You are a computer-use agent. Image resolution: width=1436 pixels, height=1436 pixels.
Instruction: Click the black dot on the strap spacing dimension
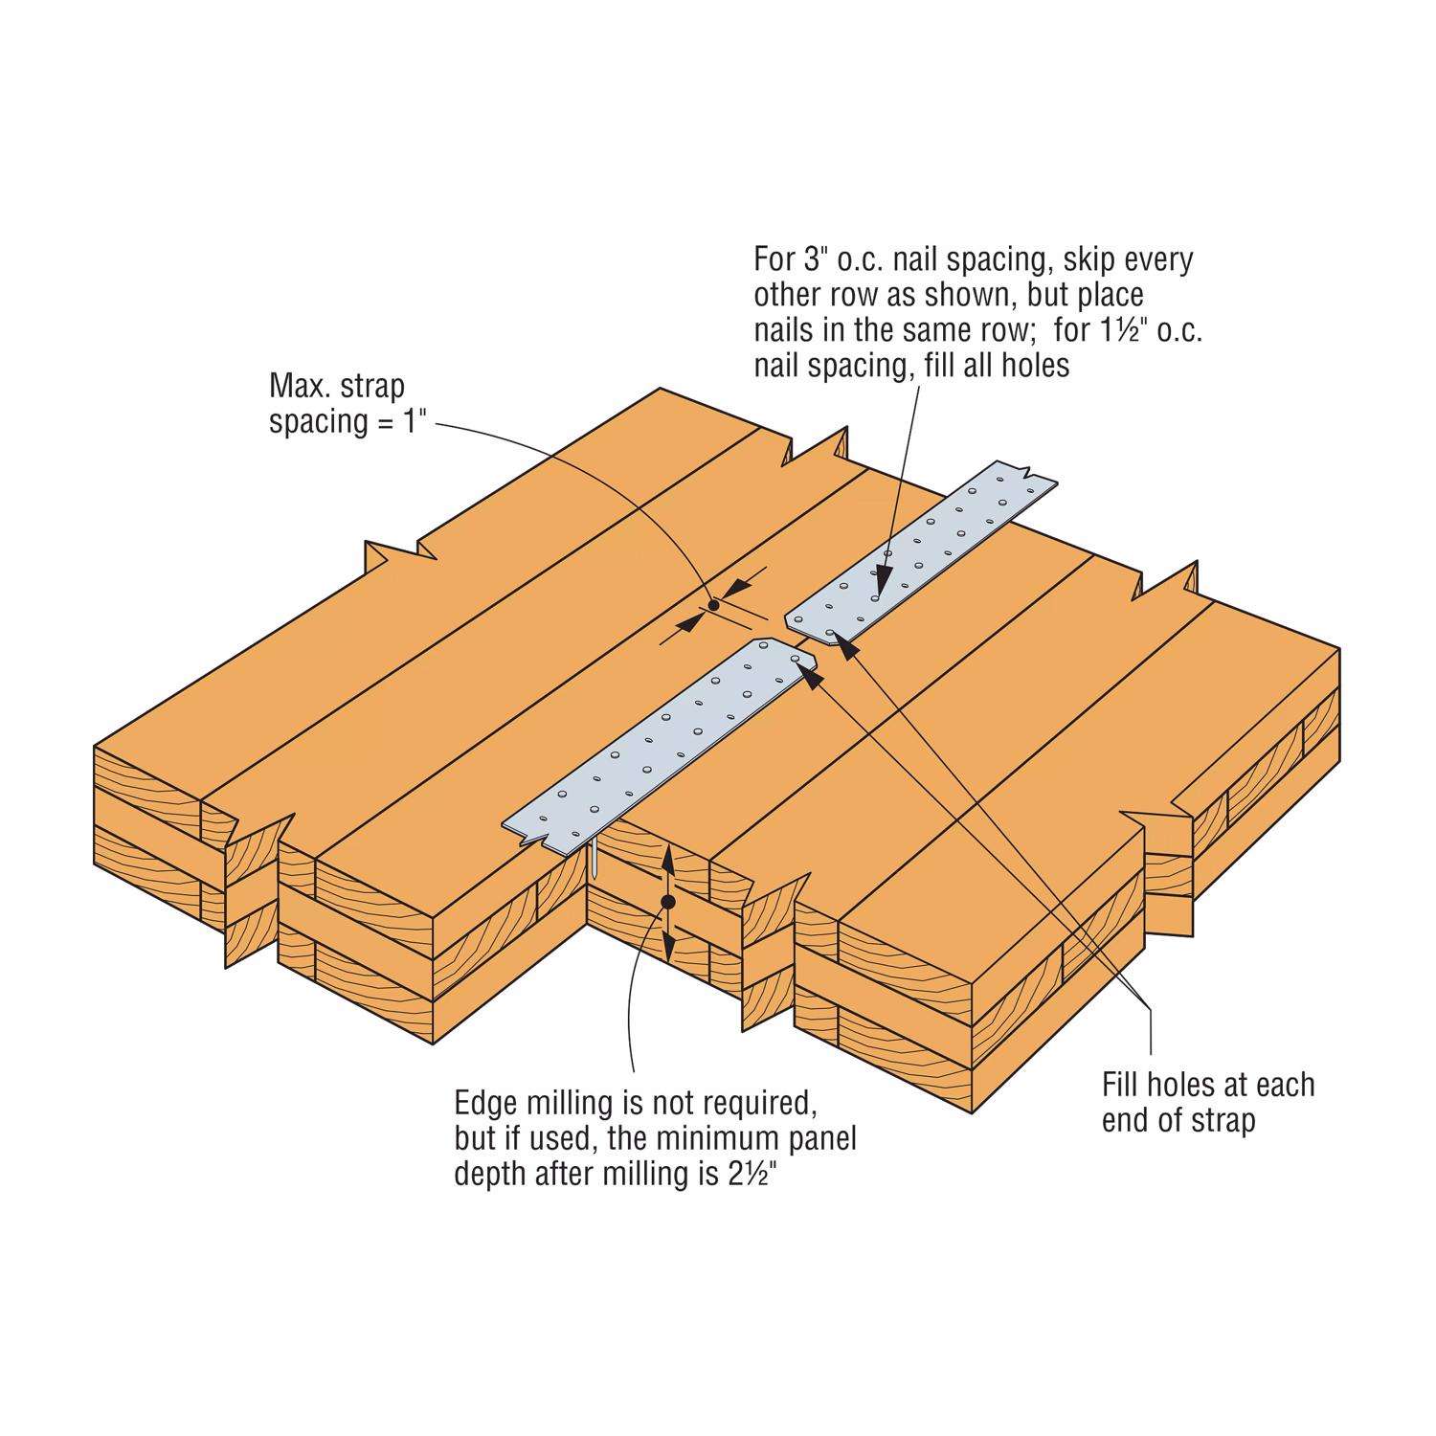713,605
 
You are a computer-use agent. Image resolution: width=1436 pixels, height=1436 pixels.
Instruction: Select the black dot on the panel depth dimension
668,902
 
